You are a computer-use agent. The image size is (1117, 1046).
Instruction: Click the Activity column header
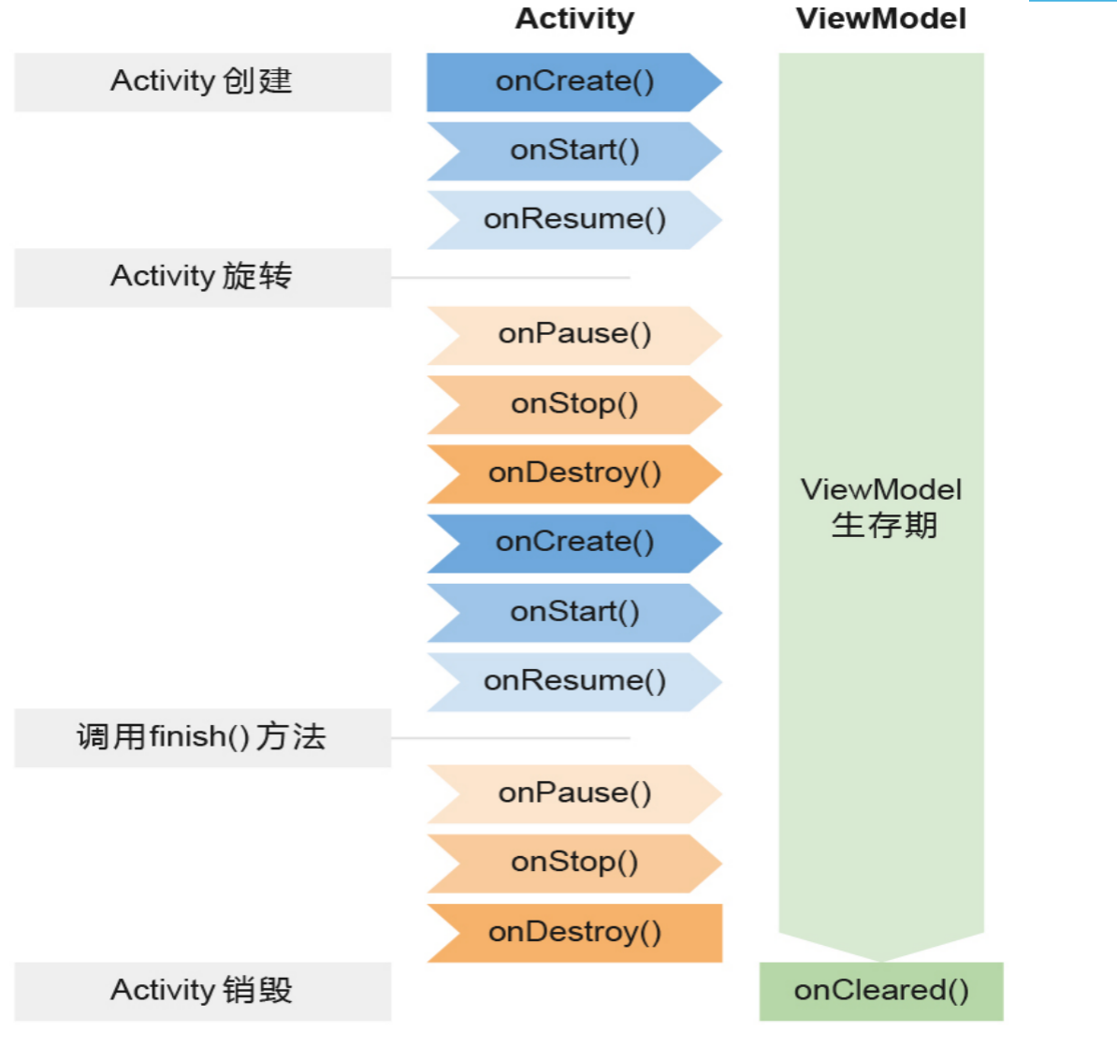[574, 19]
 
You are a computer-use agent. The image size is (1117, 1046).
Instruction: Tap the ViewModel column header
[880, 19]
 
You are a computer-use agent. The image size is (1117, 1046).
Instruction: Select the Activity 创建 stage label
[202, 82]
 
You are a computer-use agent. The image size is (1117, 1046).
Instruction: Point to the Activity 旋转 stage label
[202, 277]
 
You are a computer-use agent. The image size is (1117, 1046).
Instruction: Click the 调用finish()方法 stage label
[202, 737]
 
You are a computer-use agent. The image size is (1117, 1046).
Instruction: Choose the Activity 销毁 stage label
[202, 991]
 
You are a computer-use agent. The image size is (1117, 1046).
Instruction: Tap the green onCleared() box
[880, 991]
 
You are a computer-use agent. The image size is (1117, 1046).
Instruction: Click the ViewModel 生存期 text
[882, 507]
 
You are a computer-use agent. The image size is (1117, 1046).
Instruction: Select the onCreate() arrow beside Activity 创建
[574, 82]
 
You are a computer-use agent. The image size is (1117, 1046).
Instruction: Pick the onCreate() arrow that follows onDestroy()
[574, 543]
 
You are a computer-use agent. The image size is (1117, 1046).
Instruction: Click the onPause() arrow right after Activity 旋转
[574, 335]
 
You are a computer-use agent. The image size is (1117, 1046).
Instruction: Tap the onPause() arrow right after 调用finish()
[574, 793]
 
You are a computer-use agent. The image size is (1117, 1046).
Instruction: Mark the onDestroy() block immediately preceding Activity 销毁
[574, 932]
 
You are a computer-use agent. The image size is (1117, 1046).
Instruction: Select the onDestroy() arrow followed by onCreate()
[574, 473]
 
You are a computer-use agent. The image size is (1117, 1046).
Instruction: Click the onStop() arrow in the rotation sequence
[574, 404]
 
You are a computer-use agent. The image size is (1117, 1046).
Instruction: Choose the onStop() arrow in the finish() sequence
[574, 863]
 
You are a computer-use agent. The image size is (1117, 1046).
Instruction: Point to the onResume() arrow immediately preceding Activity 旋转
[574, 220]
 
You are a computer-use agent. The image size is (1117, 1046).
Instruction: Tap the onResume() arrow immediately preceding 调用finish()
[574, 681]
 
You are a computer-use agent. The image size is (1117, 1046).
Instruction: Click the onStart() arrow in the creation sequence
[574, 151]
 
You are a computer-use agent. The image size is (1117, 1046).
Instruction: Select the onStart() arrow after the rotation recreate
[574, 612]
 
